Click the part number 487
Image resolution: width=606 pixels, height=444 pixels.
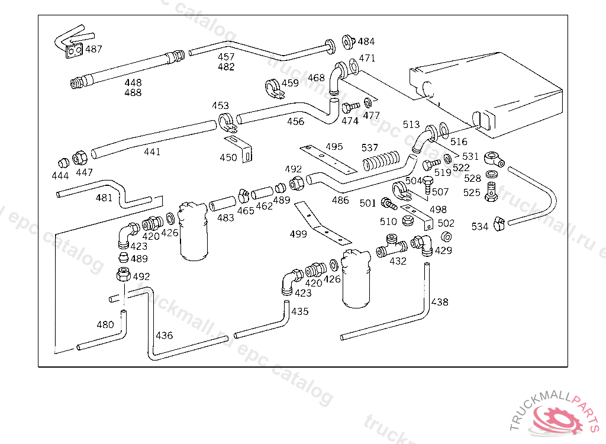click(x=94, y=49)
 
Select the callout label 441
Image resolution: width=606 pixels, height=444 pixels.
click(x=152, y=152)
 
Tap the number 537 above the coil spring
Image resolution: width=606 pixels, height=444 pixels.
click(x=370, y=147)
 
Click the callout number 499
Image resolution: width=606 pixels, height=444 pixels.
click(x=298, y=234)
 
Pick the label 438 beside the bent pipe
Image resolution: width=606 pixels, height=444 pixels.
click(x=440, y=303)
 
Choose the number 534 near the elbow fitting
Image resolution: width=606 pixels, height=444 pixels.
click(x=480, y=227)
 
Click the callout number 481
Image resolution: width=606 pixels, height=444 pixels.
click(x=104, y=198)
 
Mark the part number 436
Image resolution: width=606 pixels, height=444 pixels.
click(x=164, y=336)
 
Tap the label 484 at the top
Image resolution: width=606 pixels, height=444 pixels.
click(x=366, y=42)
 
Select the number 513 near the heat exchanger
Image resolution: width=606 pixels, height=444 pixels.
click(x=411, y=125)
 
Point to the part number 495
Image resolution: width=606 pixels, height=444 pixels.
click(x=334, y=146)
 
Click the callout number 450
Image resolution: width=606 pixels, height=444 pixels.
click(x=228, y=157)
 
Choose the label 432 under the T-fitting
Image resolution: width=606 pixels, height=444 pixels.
click(x=398, y=261)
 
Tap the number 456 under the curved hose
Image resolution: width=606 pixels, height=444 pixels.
click(x=295, y=122)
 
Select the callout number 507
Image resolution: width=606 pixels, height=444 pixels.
click(x=440, y=192)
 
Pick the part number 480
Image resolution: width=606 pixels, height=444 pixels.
click(x=105, y=324)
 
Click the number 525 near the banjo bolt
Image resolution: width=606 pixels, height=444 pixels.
click(x=472, y=193)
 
